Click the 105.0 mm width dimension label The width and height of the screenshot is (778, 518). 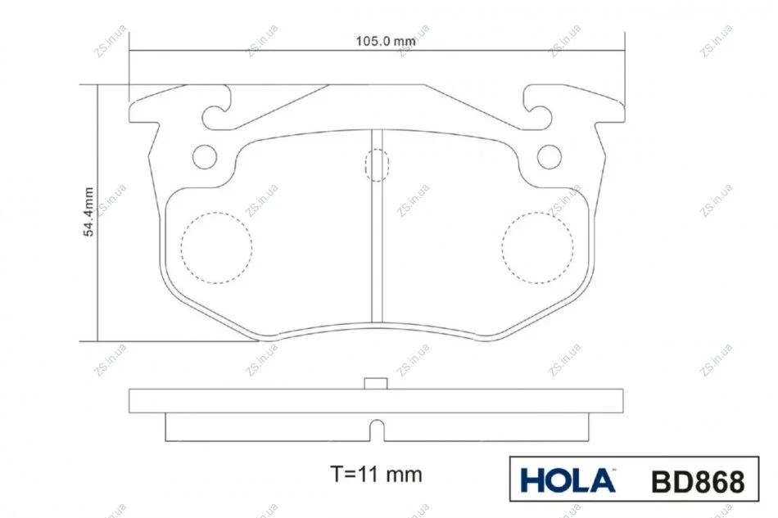click(386, 41)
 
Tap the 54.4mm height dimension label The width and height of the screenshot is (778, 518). click(88, 212)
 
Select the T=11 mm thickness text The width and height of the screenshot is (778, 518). click(376, 475)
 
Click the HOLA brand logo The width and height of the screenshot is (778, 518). click(568, 480)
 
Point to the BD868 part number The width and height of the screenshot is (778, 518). click(698, 481)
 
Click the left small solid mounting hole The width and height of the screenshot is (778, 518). click(205, 156)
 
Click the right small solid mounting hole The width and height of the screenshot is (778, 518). click(550, 156)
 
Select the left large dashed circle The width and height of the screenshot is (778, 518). click(216, 248)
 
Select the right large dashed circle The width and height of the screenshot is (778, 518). click(538, 248)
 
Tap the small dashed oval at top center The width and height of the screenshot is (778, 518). click(377, 165)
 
